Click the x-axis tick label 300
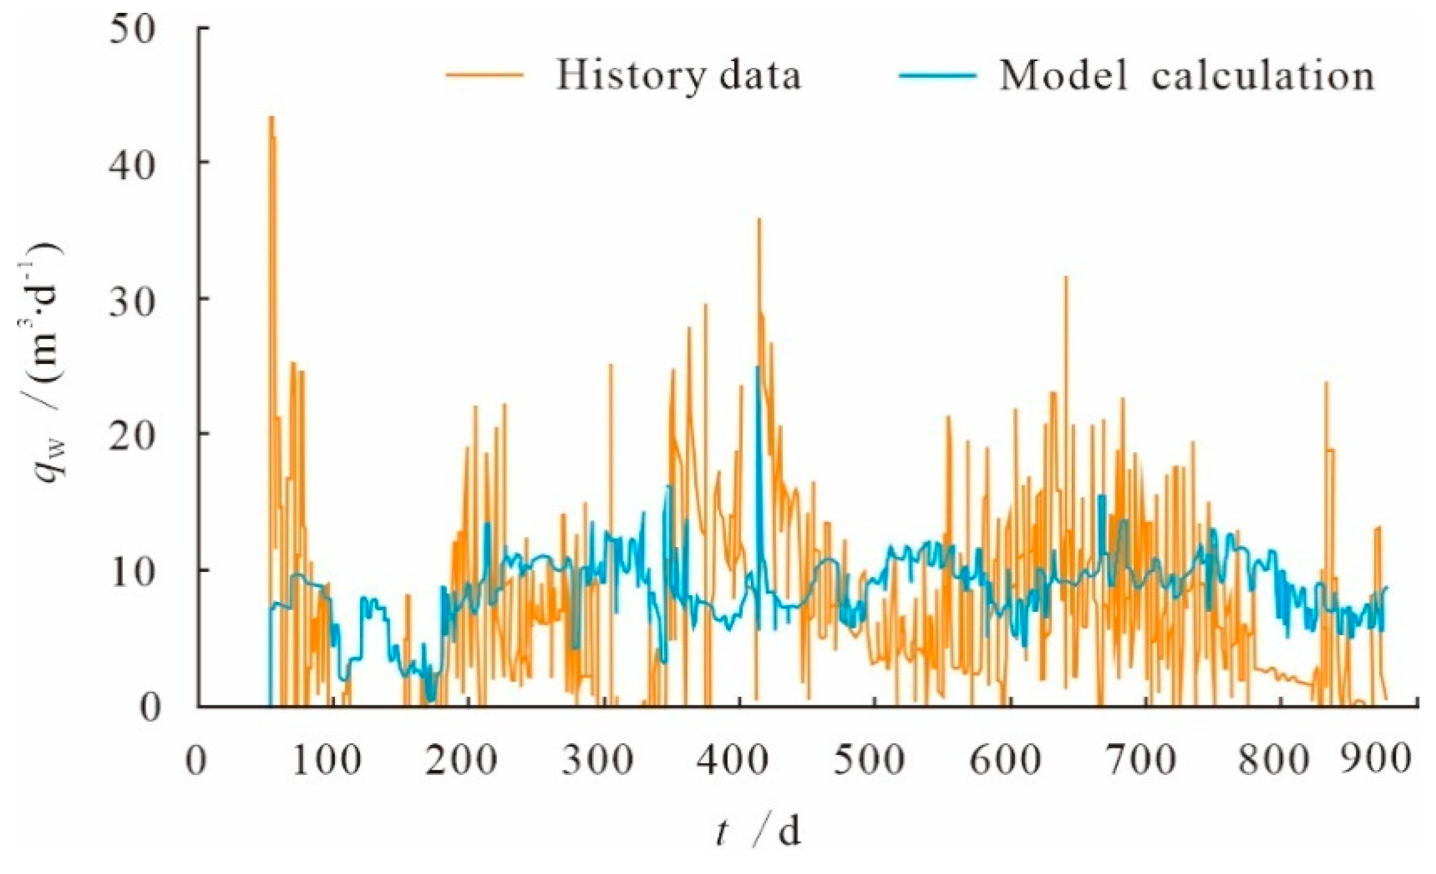click(598, 762)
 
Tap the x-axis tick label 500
click(869, 762)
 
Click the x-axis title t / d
click(758, 832)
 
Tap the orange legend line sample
click(485, 75)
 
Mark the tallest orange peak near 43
click(271, 117)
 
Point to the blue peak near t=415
click(758, 367)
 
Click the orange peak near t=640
click(1066, 277)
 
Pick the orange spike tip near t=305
click(610, 365)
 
